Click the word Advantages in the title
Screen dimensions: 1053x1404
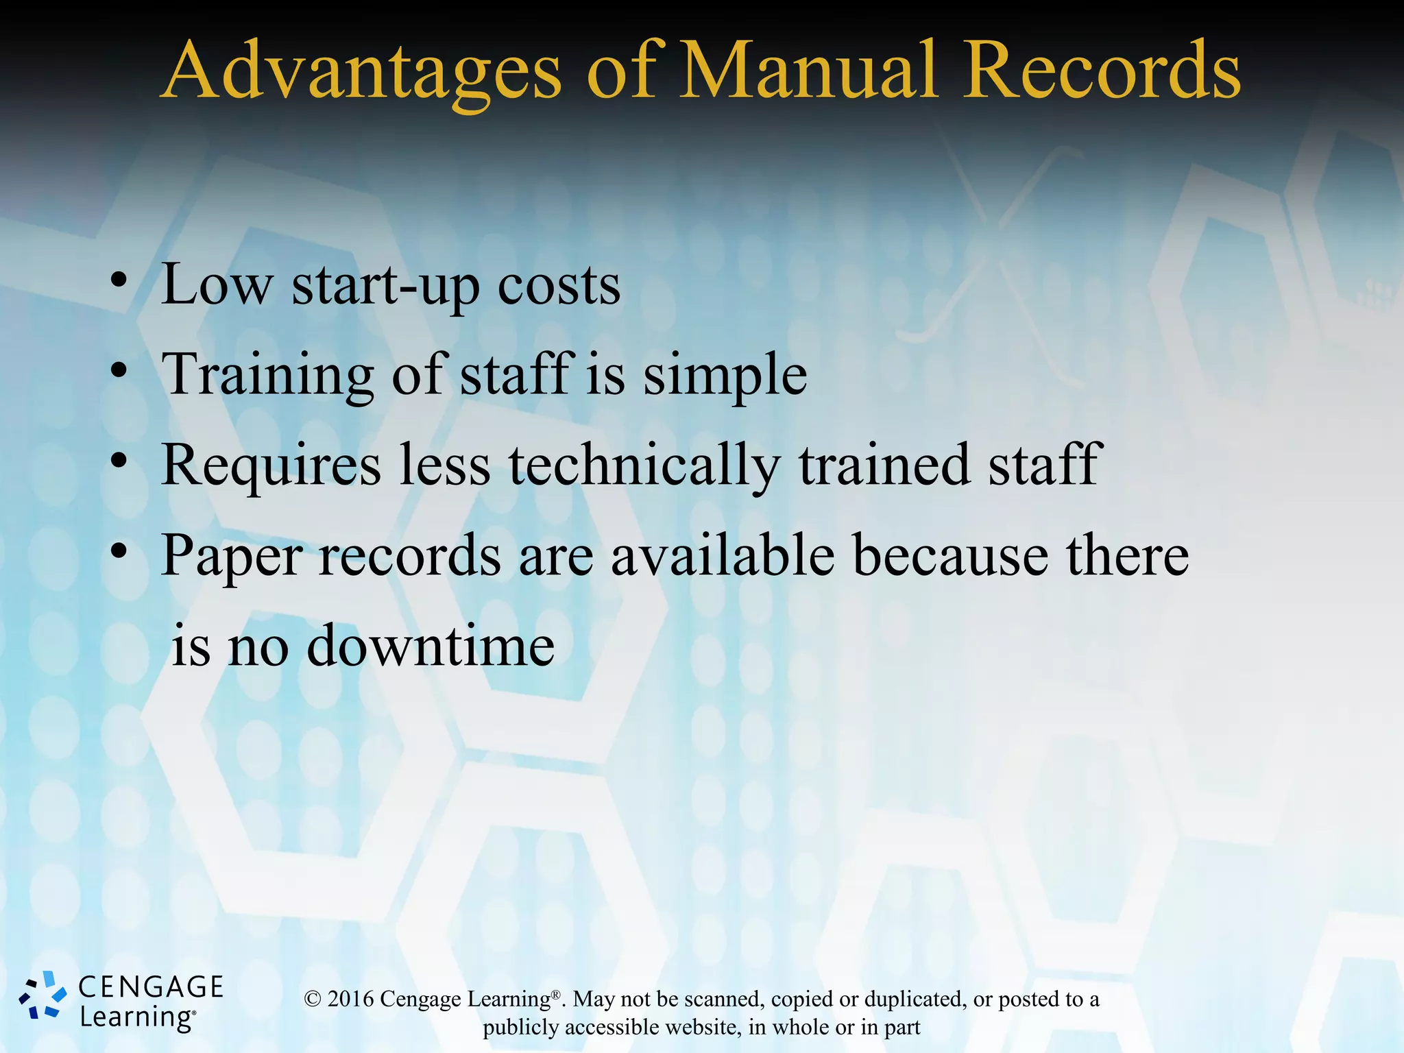[363, 72]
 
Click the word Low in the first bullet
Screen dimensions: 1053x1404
[217, 284]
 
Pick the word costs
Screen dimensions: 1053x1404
[559, 285]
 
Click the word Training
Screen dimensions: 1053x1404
[267, 376]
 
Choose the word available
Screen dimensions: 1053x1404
[723, 555]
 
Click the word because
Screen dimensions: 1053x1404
[950, 555]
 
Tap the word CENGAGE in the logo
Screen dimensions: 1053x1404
[151, 987]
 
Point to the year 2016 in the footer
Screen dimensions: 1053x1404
[350, 999]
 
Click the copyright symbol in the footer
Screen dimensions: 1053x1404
[313, 999]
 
